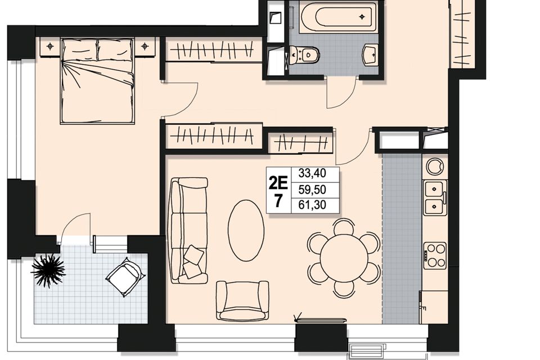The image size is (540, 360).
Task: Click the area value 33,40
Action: [312, 173]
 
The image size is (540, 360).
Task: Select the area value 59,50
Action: [312, 190]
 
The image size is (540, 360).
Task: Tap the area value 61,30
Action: [312, 205]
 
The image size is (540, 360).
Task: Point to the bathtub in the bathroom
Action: [337, 16]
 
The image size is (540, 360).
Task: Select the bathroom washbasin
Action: [371, 54]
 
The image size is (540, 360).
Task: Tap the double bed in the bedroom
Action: [97, 81]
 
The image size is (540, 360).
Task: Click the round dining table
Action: [344, 258]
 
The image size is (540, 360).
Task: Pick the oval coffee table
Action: [246, 231]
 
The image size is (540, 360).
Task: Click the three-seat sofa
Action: [189, 231]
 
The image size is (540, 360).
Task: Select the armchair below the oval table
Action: [242, 300]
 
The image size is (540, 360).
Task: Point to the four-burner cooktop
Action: [435, 255]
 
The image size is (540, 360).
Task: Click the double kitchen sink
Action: [435, 198]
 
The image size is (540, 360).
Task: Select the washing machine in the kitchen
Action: [435, 166]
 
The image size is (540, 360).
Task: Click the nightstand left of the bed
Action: [50, 46]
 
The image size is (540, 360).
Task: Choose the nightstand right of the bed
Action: [145, 46]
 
